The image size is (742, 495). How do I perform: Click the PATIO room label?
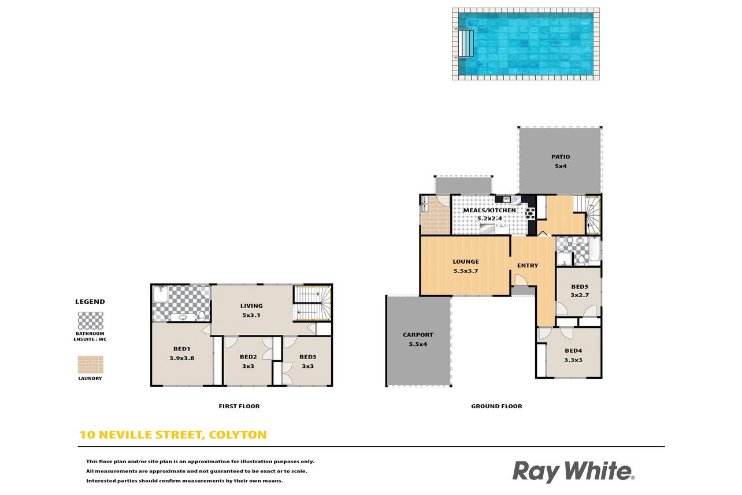click(x=561, y=157)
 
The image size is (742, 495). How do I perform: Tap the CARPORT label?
click(x=418, y=335)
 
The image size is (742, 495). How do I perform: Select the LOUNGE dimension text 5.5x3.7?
click(x=466, y=271)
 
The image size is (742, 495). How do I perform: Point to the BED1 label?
click(x=182, y=349)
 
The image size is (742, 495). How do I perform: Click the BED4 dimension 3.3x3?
click(x=573, y=360)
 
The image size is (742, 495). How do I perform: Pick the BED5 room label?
click(x=580, y=287)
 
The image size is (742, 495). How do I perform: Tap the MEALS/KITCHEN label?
click(x=489, y=210)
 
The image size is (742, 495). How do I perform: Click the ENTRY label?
click(x=528, y=265)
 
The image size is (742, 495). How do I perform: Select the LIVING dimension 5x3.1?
click(x=251, y=315)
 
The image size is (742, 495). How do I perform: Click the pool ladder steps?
click(x=466, y=43)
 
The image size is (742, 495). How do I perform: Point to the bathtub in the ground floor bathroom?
click(x=595, y=249)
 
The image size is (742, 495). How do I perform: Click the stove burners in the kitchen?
click(x=530, y=213)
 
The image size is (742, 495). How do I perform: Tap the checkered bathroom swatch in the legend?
click(x=90, y=320)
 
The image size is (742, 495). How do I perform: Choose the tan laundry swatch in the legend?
click(x=90, y=364)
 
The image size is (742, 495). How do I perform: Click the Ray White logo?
click(x=573, y=471)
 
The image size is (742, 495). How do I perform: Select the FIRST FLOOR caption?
click(x=239, y=406)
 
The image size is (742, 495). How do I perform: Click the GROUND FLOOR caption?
click(x=496, y=406)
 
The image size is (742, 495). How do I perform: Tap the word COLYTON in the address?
click(x=238, y=435)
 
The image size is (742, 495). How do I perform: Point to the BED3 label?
click(x=308, y=357)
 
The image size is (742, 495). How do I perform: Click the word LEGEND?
click(x=90, y=302)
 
